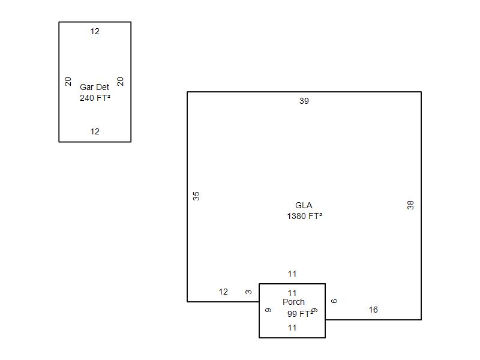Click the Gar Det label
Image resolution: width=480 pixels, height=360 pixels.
click(x=94, y=87)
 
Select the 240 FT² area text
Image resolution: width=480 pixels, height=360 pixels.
click(x=95, y=98)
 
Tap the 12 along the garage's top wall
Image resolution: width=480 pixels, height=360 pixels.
click(x=95, y=31)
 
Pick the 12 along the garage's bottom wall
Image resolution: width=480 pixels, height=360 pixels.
click(x=95, y=131)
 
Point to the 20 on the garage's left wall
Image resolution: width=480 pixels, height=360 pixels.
click(x=68, y=82)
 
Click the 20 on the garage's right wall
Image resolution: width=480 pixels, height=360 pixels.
click(x=121, y=82)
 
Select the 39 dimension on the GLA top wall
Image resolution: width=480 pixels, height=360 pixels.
click(x=304, y=101)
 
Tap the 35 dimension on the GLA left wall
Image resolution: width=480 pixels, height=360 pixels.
click(x=196, y=196)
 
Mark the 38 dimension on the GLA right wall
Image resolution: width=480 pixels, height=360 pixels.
click(x=410, y=205)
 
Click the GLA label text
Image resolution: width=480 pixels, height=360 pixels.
click(x=304, y=205)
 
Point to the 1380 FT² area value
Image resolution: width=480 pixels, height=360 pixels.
click(x=305, y=216)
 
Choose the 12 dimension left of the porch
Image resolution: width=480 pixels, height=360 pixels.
click(x=223, y=292)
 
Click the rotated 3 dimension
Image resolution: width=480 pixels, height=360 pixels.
click(x=248, y=292)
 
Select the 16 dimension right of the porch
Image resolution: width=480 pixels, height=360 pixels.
click(x=373, y=310)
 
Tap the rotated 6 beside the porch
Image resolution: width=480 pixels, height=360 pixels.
click(x=334, y=301)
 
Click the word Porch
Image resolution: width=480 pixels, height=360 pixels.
click(x=293, y=302)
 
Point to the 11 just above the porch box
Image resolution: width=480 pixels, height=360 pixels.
click(x=292, y=274)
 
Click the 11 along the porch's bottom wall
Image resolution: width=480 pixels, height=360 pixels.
click(x=292, y=328)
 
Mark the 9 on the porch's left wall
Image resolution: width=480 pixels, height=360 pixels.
click(x=268, y=310)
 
